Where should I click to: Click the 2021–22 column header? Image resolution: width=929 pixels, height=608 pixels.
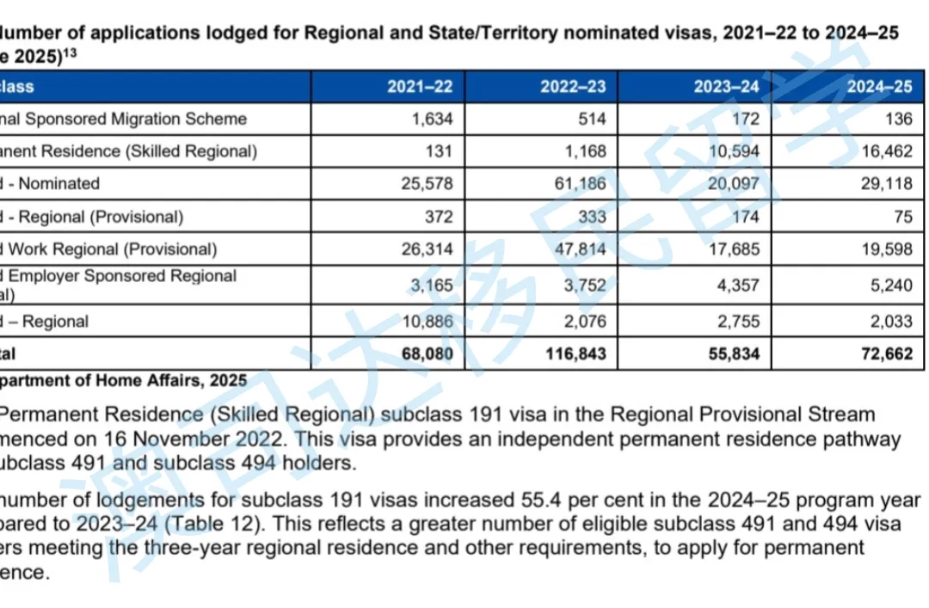419,87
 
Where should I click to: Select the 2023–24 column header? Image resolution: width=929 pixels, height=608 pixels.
727,87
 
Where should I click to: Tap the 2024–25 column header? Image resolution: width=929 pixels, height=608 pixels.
879,87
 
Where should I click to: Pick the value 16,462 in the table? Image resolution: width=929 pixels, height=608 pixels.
885,151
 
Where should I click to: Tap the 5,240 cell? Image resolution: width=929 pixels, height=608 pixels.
891,286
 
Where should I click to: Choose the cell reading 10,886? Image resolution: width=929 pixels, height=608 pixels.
424,322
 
